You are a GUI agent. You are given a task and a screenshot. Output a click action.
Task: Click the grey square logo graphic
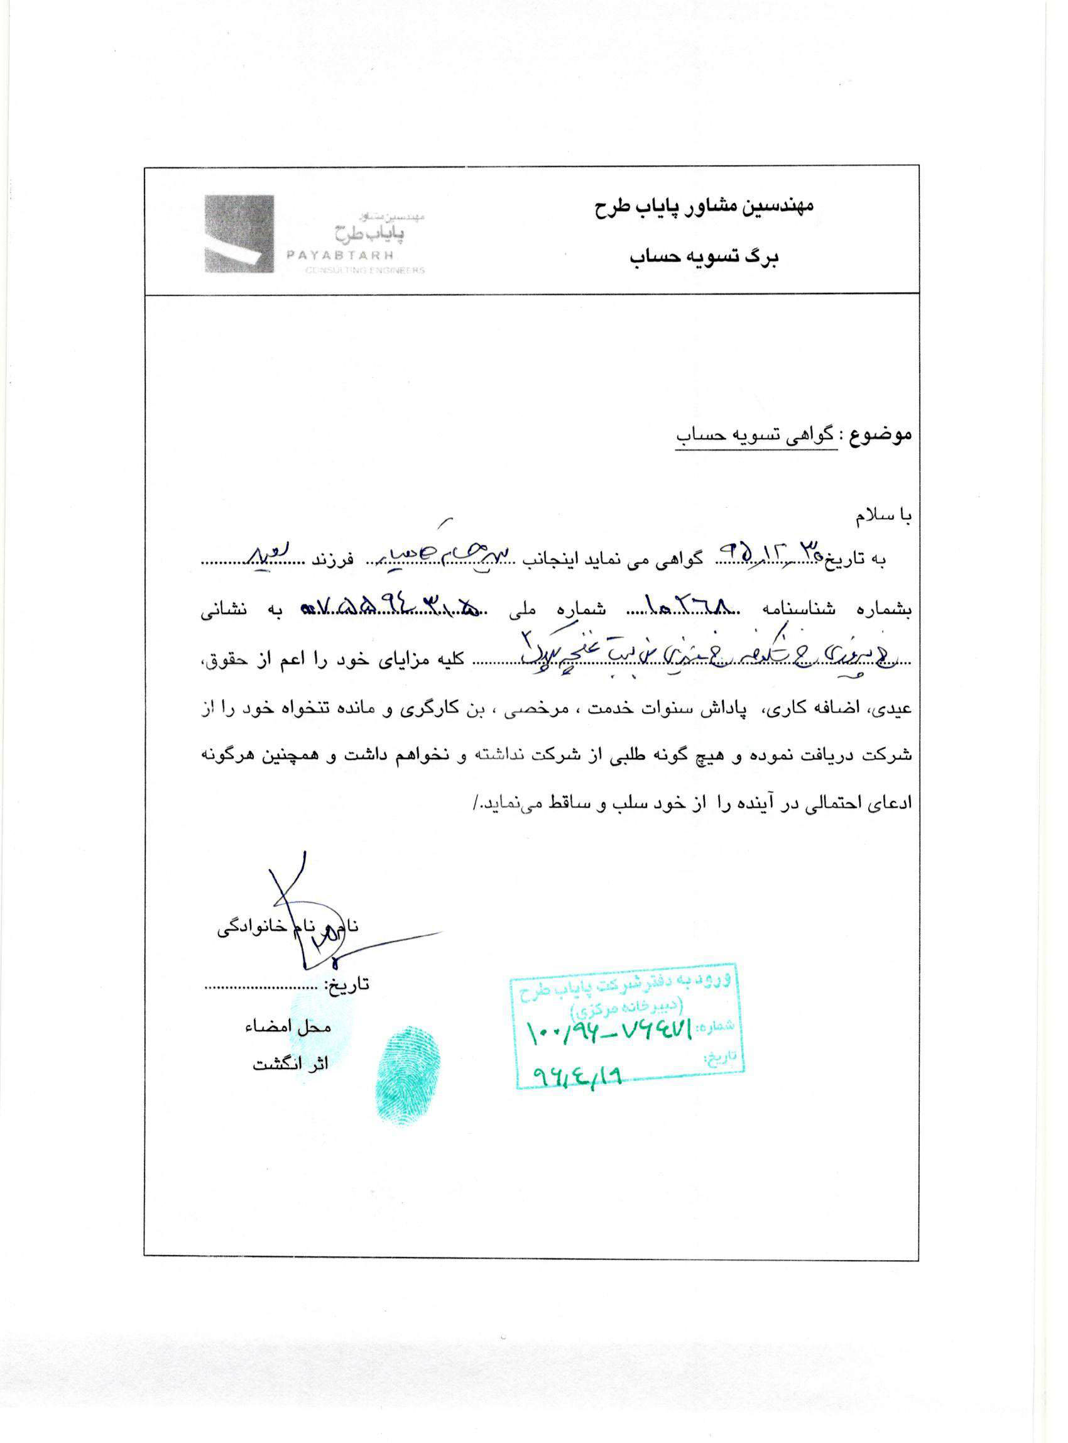coord(239,234)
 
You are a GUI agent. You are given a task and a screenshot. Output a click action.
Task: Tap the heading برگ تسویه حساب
coord(704,258)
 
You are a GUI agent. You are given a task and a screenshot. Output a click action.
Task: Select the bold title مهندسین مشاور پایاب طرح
coord(704,206)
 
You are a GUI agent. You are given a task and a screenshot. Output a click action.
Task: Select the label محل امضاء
coord(288,1026)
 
